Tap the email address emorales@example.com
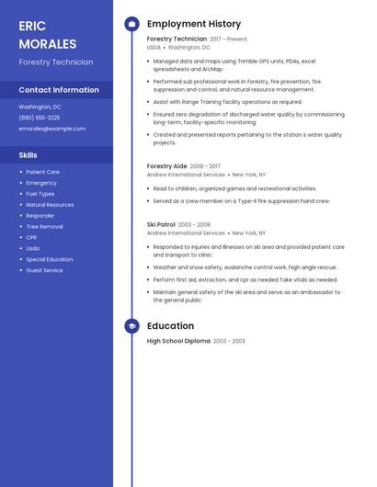[51, 129]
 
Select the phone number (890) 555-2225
[40, 118]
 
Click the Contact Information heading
[59, 90]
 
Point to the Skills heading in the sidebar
[29, 155]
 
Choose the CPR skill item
[32, 237]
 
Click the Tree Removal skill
[44, 226]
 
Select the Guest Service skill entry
[44, 270]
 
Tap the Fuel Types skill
[40, 194]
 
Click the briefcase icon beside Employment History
[131, 24]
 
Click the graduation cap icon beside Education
[131, 326]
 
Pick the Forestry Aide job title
[167, 166]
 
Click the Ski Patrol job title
[161, 224]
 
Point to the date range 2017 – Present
[228, 40]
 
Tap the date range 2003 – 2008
[194, 224]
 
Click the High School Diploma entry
[178, 341]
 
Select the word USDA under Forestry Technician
[154, 47]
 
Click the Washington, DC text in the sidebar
[40, 107]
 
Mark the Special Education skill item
[50, 259]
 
